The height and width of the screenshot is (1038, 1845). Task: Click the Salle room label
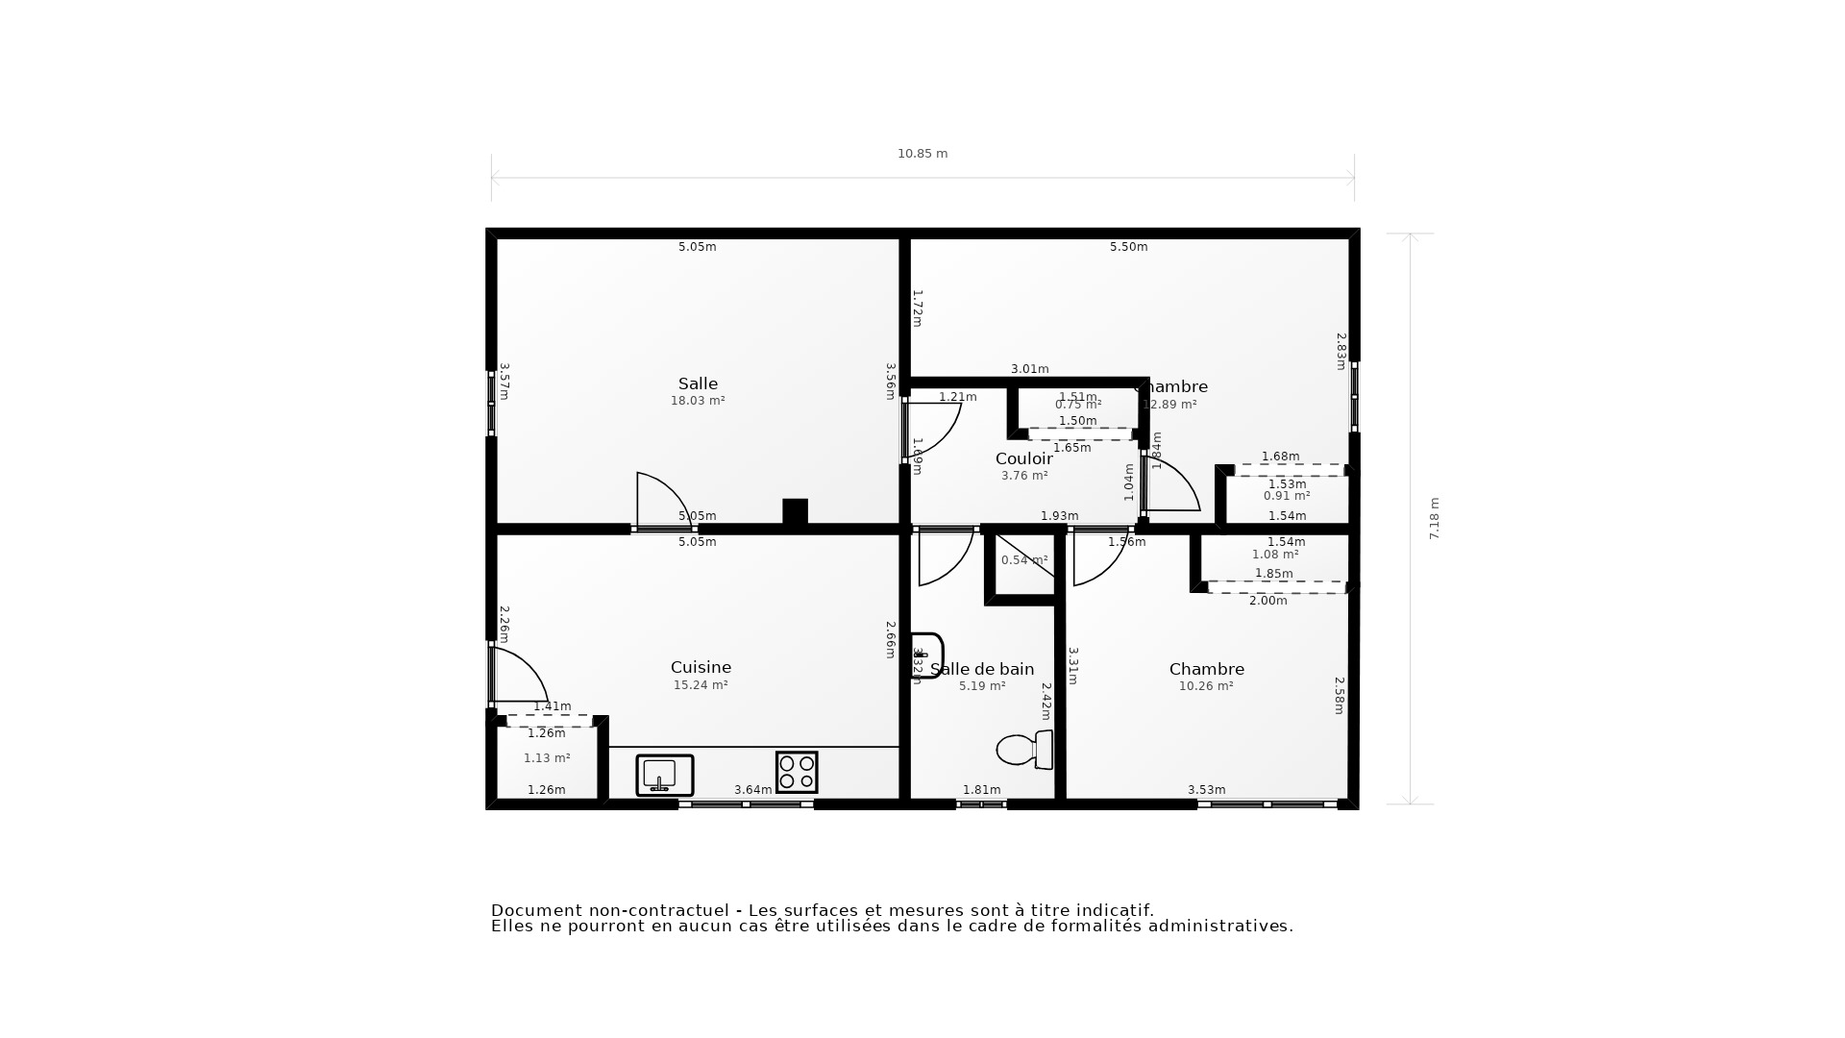coord(698,383)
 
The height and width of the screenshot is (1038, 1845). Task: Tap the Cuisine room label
coord(701,667)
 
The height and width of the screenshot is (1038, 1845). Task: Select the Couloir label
coord(1023,458)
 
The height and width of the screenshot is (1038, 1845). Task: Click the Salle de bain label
coord(982,669)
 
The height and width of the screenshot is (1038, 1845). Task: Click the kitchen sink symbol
coord(664,775)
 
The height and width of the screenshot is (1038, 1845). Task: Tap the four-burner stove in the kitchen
coord(797,772)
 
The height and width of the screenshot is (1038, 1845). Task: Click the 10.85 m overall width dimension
coord(922,154)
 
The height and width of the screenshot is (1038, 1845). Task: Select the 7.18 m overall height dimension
coord(1434,518)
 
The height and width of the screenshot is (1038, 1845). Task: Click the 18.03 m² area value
coord(698,401)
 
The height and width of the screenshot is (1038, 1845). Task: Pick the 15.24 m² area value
coord(701,685)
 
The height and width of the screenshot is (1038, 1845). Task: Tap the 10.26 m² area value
coord(1206,686)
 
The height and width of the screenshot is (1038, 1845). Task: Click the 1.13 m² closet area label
coord(547,758)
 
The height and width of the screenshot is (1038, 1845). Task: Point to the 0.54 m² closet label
coord(1024,560)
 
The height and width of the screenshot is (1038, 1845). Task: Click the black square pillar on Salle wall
coord(795,511)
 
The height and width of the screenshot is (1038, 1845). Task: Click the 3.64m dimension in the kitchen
coord(752,790)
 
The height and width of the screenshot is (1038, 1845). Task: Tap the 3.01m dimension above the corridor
coord(1029,369)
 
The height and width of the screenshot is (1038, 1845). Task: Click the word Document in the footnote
coord(536,910)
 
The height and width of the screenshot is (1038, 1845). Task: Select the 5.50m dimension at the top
coord(1128,247)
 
